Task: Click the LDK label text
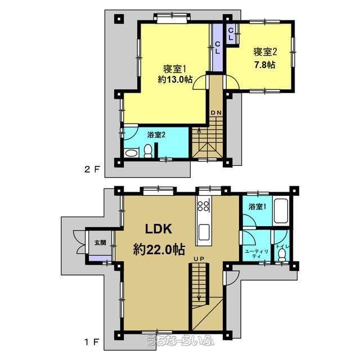pyautogui.click(x=159, y=229)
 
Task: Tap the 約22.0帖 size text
pyautogui.click(x=159, y=249)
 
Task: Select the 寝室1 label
pyautogui.click(x=174, y=69)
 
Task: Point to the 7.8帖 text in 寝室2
pyautogui.click(x=264, y=65)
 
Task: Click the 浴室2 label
pyautogui.click(x=156, y=135)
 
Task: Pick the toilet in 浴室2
pyautogui.click(x=148, y=151)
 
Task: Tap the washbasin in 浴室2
pyautogui.click(x=131, y=153)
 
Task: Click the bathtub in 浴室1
pyautogui.click(x=281, y=211)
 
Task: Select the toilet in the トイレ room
pyautogui.click(x=281, y=255)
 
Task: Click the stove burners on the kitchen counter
pyautogui.click(x=204, y=206)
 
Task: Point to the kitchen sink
pyautogui.click(x=204, y=232)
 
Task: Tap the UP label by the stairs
pyautogui.click(x=199, y=259)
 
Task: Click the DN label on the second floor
pyautogui.click(x=216, y=112)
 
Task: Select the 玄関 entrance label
pyautogui.click(x=100, y=242)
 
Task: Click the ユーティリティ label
pyautogui.click(x=256, y=254)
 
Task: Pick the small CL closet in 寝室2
pyautogui.click(x=231, y=33)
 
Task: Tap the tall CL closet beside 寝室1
pyautogui.click(x=217, y=47)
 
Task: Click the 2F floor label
pyautogui.click(x=92, y=169)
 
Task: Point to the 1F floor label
pyautogui.click(x=92, y=343)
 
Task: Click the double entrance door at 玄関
pyautogui.click(x=79, y=242)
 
